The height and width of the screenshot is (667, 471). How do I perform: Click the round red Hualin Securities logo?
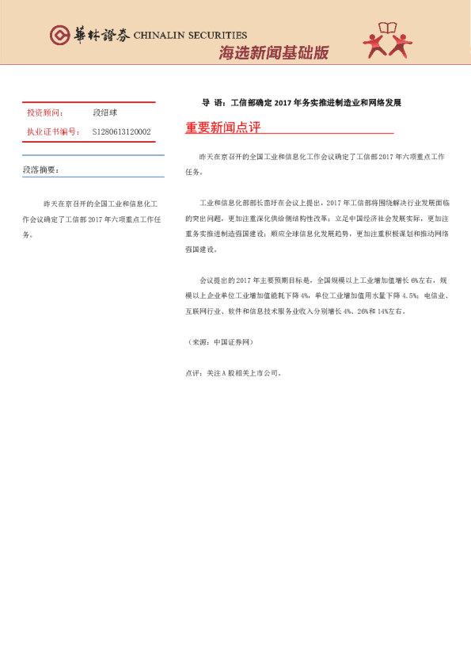(x=59, y=34)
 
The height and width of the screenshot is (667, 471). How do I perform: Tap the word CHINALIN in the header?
(x=162, y=35)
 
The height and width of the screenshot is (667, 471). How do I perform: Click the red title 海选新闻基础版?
(x=273, y=53)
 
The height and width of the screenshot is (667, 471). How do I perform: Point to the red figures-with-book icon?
(x=388, y=42)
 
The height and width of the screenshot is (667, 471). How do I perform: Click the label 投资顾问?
(x=45, y=113)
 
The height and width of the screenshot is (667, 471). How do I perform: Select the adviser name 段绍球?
(x=104, y=113)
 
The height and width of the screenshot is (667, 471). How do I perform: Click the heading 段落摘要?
(x=40, y=170)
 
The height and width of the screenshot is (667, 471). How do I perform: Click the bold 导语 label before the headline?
(x=213, y=103)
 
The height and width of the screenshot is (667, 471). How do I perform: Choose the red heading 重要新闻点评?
(x=222, y=127)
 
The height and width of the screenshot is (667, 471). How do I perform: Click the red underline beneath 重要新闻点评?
(x=289, y=135)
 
